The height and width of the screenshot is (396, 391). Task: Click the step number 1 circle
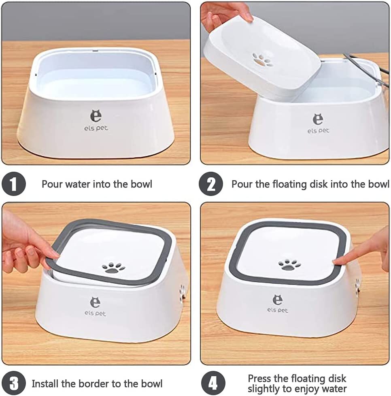click(14, 184)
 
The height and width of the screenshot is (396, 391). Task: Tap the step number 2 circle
click(211, 184)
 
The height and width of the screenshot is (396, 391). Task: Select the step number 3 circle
click(14, 383)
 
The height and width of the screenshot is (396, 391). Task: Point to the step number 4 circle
click(213, 383)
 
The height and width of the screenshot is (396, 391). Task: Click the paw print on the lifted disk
click(262, 60)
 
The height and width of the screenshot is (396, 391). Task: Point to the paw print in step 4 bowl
click(289, 265)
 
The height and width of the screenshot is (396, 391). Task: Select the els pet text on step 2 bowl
click(318, 131)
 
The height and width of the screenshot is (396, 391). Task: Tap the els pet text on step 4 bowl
click(277, 310)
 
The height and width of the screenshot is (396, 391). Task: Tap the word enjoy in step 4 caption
click(302, 389)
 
